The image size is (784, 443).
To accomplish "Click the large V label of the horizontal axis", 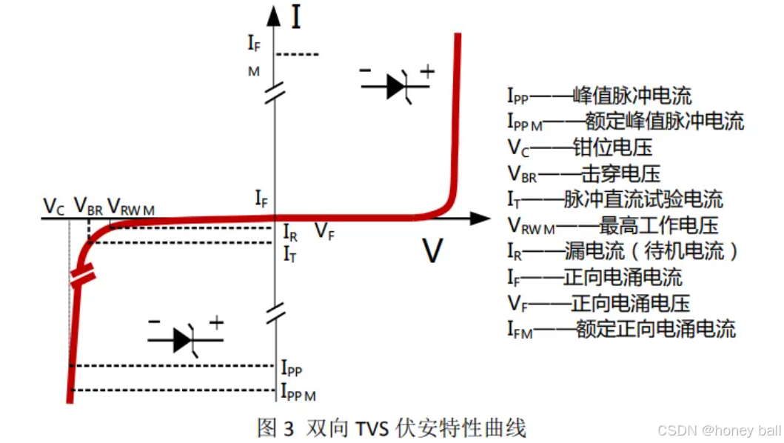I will coord(432,252).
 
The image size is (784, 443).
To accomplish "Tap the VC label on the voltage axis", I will coord(54,206).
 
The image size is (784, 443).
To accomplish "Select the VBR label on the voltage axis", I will coord(88,207).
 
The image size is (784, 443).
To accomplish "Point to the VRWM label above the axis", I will coord(131,207).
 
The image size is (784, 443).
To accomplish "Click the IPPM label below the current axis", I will coord(298,391).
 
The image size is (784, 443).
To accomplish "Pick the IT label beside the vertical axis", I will coord(290,254).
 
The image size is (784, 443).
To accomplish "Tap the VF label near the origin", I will coord(324,230).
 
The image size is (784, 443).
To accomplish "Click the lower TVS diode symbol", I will coord(185,339).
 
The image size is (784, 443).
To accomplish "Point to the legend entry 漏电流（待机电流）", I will coord(622,250).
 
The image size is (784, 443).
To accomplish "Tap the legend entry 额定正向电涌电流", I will coord(621,328).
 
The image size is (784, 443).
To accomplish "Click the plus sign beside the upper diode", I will coord(427,71).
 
